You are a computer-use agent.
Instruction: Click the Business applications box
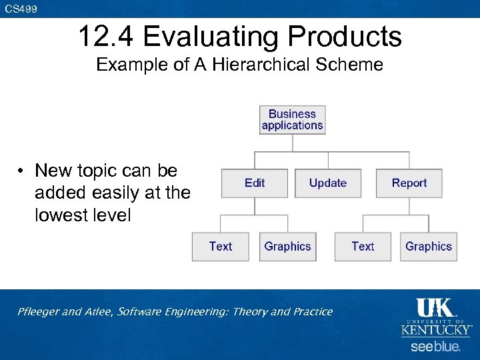pyautogui.click(x=292, y=120)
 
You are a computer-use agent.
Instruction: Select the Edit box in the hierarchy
pyautogui.click(x=255, y=183)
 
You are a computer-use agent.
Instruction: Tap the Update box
pyautogui.click(x=327, y=183)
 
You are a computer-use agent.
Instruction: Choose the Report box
pyautogui.click(x=409, y=183)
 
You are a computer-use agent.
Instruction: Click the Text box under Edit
pyautogui.click(x=221, y=247)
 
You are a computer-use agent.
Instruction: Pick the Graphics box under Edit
pyautogui.click(x=287, y=247)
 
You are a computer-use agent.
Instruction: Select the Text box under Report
pyautogui.click(x=363, y=247)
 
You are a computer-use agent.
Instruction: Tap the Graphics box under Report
pyautogui.click(x=428, y=247)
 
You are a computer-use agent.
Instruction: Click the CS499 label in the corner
pyautogui.click(x=21, y=9)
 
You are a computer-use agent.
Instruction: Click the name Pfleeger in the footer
pyautogui.click(x=39, y=311)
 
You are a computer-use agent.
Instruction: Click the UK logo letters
pyautogui.click(x=435, y=308)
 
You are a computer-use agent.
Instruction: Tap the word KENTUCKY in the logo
pyautogui.click(x=435, y=330)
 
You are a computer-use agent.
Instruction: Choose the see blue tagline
pyautogui.click(x=435, y=347)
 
